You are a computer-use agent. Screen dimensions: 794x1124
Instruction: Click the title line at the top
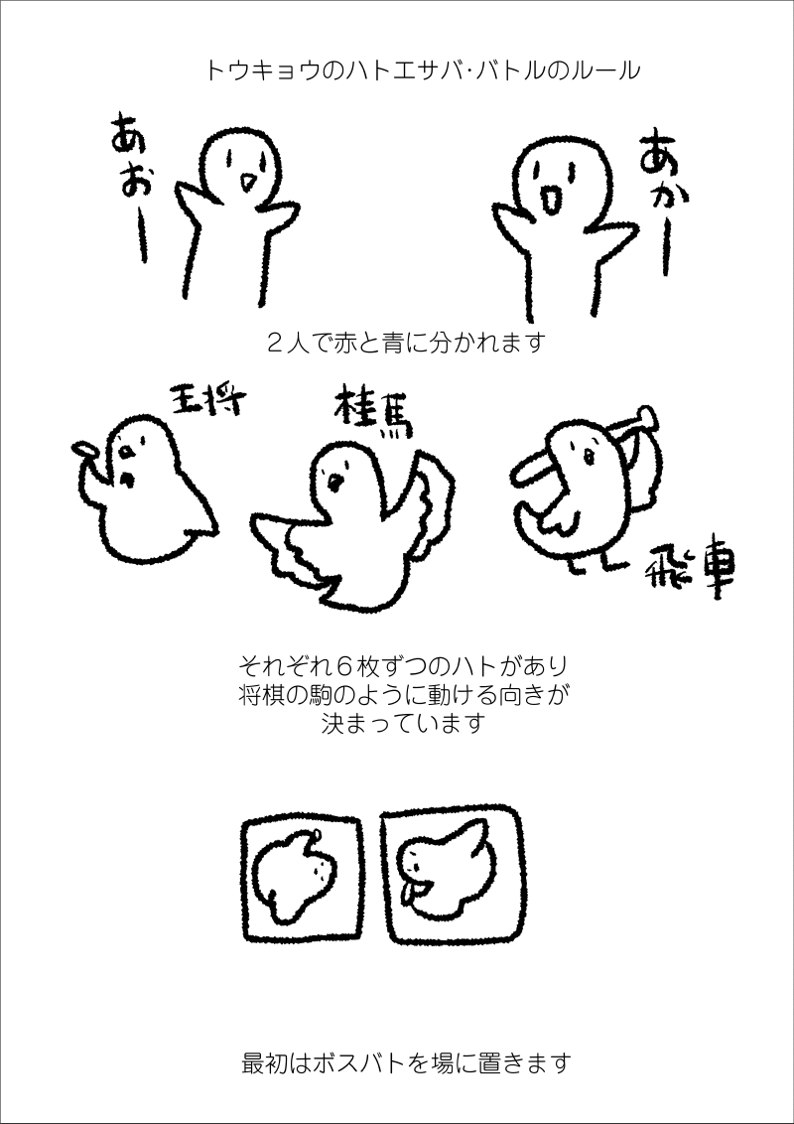point(422,71)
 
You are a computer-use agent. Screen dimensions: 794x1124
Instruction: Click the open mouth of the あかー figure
point(551,200)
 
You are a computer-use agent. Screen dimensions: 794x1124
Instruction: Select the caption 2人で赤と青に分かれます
point(406,342)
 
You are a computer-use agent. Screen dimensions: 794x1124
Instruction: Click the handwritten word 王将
point(205,401)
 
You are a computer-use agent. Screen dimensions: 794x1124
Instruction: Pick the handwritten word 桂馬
point(372,411)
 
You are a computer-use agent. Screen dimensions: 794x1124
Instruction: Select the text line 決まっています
point(403,723)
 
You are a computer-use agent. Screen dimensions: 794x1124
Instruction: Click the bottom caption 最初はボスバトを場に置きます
point(406,1063)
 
